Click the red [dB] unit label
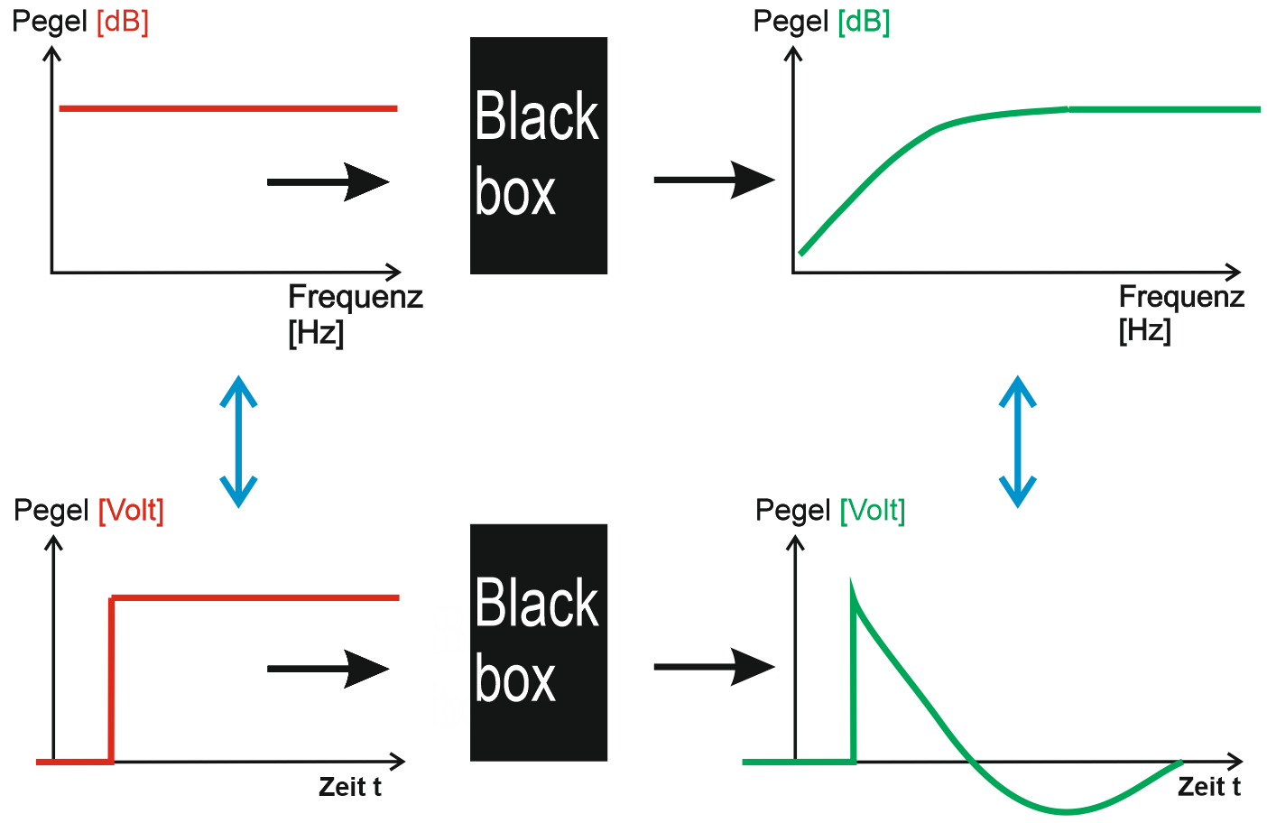(122, 22)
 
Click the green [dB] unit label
(864, 22)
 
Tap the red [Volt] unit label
(131, 511)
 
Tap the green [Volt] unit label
(872, 511)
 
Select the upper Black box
(538, 155)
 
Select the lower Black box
(538, 643)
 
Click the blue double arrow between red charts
(239, 441)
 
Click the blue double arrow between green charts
(1017, 441)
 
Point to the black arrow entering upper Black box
(328, 181)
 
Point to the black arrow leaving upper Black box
(714, 180)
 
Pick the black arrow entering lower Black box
(328, 669)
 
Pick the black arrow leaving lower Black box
(714, 667)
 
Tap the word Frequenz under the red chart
(356, 297)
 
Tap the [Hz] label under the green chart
(1144, 330)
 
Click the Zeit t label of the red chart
(350, 787)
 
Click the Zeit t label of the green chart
(1209, 787)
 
